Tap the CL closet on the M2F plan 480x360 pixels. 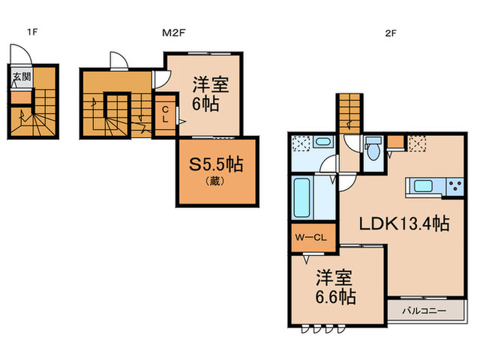pos(166,115)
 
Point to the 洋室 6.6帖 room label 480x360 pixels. pos(335,288)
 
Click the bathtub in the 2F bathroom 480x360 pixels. pos(302,197)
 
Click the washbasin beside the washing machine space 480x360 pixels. pos(323,143)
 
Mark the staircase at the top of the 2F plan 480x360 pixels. pos(348,112)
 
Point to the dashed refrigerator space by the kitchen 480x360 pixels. pos(416,143)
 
